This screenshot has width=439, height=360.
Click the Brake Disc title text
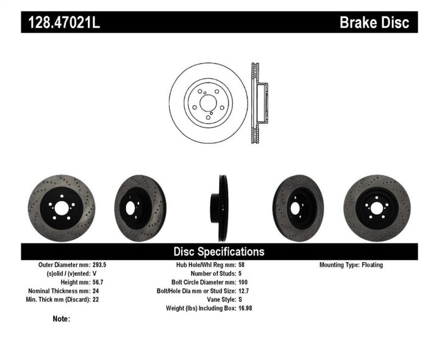(x=374, y=23)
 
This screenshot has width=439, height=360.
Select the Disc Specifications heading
(x=219, y=251)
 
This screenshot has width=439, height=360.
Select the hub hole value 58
(x=241, y=265)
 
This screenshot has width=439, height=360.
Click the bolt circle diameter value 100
(x=242, y=283)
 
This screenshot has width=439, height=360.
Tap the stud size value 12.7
(x=243, y=291)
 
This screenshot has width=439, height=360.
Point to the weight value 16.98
(x=244, y=308)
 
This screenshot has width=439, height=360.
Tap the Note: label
(x=61, y=319)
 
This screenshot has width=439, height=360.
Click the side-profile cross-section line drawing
(x=259, y=103)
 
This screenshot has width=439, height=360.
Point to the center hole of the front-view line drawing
(x=208, y=102)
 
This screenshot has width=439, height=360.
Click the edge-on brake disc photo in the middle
(x=219, y=203)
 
